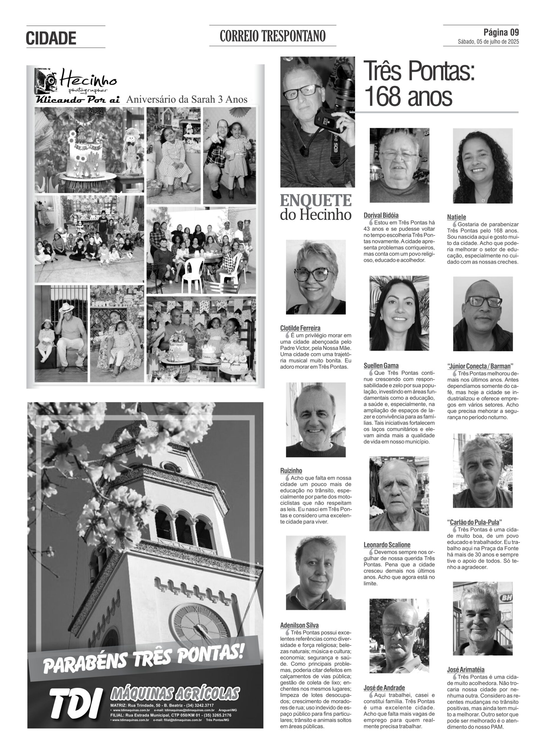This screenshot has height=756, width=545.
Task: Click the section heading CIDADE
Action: [51, 38]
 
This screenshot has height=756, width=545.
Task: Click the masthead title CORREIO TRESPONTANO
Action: [272, 36]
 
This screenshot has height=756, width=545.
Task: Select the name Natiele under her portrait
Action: [456, 217]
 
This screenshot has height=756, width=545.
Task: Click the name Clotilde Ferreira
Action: [300, 328]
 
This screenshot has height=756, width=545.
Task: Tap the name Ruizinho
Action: [291, 471]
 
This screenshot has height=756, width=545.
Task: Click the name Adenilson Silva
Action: [299, 625]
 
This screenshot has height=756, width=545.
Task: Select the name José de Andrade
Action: [384, 688]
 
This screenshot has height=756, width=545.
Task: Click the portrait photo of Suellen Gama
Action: [399, 313]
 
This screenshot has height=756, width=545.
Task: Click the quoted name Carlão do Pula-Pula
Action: [475, 522]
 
